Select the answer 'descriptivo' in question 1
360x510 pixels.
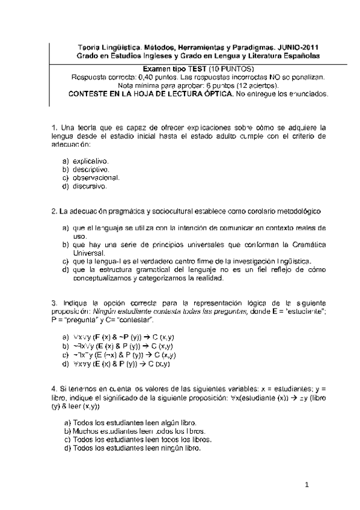pyautogui.click(x=90, y=170)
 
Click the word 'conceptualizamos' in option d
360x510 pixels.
pyautogui.click(x=102, y=278)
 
